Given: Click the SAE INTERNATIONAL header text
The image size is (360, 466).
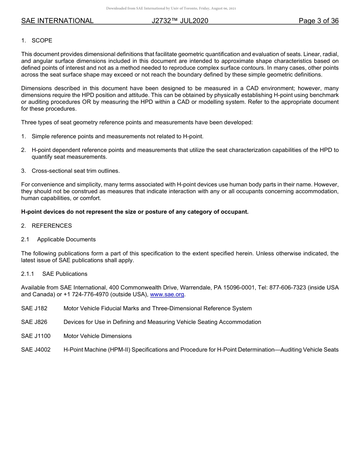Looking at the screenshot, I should point(57,21).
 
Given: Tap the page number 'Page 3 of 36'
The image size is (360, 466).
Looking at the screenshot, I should point(318,21).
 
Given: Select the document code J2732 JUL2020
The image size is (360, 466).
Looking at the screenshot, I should point(180,21).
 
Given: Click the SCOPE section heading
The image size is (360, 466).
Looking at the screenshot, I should point(42,41).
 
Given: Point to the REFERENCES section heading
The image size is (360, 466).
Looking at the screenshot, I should point(52,226).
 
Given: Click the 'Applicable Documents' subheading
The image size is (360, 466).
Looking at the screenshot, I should point(66,239).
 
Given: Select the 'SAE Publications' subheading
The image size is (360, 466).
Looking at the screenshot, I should point(65,274).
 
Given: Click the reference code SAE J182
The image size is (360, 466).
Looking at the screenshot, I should point(34,308).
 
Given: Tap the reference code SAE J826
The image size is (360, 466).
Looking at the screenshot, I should point(34,322).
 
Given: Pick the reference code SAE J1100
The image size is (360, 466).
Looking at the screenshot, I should point(36,336).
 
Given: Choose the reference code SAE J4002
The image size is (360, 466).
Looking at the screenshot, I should point(36,350).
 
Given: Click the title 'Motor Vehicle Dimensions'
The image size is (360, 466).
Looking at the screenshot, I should point(97,336).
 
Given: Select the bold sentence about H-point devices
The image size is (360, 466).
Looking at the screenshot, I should point(135,212).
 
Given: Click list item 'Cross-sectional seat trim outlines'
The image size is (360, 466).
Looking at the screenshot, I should point(75,171).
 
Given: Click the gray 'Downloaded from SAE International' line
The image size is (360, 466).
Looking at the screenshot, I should point(171,8).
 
